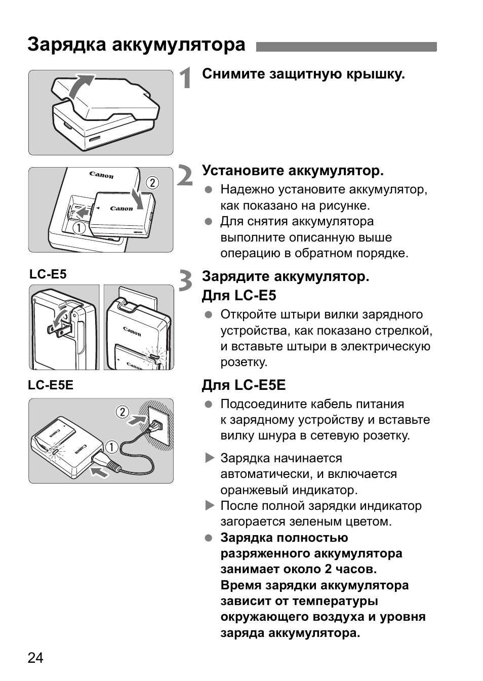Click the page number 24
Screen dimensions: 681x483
(35, 658)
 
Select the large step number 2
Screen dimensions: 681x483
(185, 175)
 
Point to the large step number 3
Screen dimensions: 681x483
(185, 281)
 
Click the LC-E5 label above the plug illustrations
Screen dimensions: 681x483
(48, 274)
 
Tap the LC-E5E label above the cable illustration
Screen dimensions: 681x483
(51, 385)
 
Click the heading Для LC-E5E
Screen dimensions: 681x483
(244, 385)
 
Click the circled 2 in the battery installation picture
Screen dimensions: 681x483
(151, 183)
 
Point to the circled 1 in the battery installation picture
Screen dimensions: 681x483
(78, 228)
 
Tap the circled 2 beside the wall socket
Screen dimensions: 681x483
(123, 412)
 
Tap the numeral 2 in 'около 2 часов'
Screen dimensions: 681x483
(329, 569)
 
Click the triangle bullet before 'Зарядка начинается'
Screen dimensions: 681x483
(210, 458)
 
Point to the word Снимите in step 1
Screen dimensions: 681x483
(234, 74)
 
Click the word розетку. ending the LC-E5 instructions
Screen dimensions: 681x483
(244, 363)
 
